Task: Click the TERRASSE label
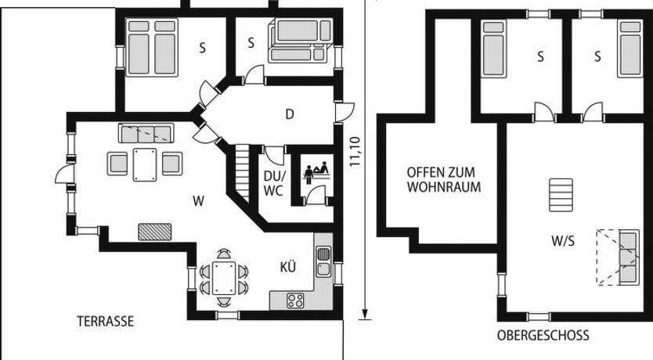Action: tap(106, 322)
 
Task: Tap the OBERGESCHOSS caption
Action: tap(543, 335)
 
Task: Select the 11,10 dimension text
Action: tap(354, 152)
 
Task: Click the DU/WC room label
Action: tap(273, 183)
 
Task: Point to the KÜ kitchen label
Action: tap(288, 266)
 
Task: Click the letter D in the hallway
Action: tap(290, 114)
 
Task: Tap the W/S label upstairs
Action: tap(563, 240)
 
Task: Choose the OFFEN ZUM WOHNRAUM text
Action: tap(444, 179)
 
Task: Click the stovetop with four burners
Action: tap(295, 301)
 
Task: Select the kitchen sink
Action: tap(323, 261)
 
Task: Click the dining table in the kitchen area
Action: tap(224, 278)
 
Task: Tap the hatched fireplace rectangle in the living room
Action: tap(154, 232)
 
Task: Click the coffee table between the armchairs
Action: tap(145, 165)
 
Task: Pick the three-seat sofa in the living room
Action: tap(146, 133)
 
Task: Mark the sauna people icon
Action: tap(316, 173)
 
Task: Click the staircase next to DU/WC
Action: tap(242, 174)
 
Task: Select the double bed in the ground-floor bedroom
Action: tap(152, 47)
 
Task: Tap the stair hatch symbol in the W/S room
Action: tap(561, 195)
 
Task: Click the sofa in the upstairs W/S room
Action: tap(629, 257)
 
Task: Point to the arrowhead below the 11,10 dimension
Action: tap(365, 314)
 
